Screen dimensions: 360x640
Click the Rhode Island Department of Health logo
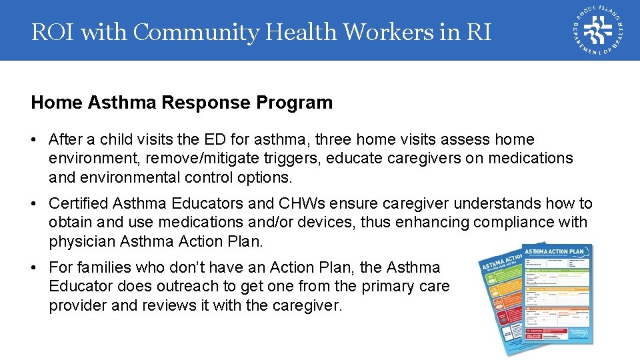click(x=597, y=31)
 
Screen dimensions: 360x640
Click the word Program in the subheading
click(x=299, y=103)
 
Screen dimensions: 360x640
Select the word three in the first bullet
click(x=335, y=139)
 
